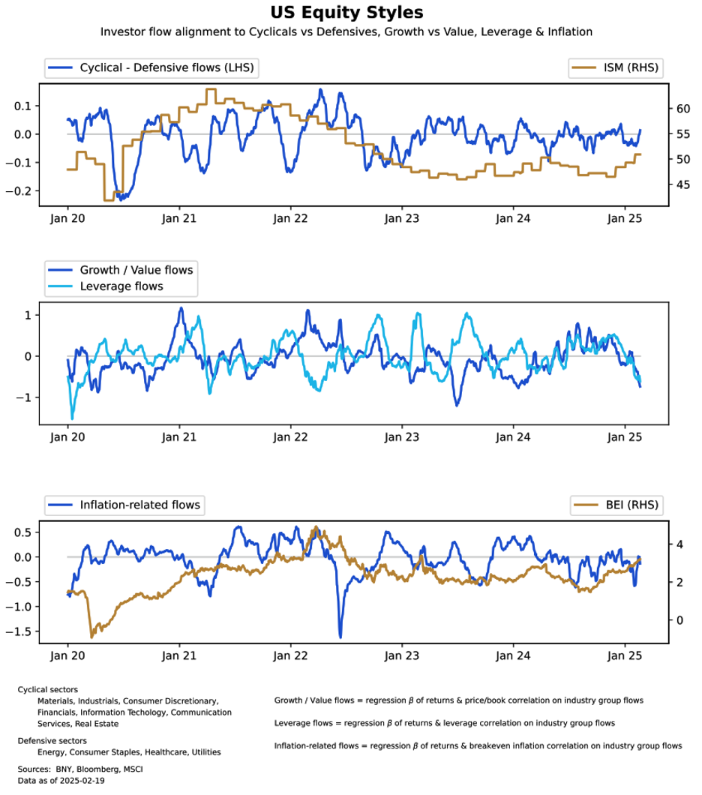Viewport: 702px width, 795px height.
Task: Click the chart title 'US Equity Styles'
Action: click(346, 13)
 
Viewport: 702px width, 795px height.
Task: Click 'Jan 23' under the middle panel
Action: click(401, 436)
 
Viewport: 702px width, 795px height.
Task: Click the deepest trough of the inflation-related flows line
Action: click(340, 637)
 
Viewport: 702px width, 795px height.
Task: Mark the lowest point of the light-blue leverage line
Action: click(72, 418)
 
